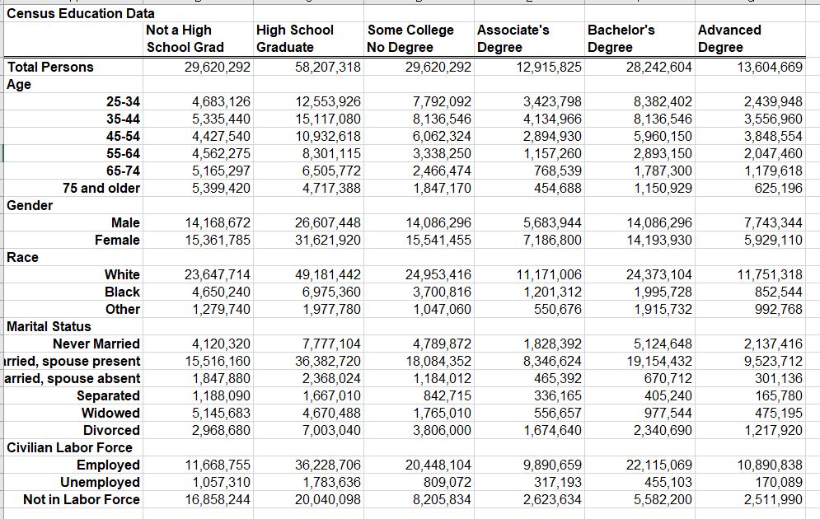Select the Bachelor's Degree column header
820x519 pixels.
click(x=621, y=39)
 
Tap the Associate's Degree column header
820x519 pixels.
click(x=513, y=39)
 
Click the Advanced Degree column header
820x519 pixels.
click(x=729, y=39)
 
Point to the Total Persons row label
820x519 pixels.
click(x=51, y=67)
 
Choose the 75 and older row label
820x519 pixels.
click(x=101, y=188)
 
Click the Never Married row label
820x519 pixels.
click(x=96, y=344)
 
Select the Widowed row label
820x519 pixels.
click(x=111, y=413)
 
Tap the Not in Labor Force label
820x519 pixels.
click(x=82, y=499)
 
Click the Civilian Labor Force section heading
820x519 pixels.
click(x=69, y=447)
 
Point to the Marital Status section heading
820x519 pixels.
click(x=49, y=326)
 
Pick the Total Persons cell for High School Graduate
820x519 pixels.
click(x=327, y=67)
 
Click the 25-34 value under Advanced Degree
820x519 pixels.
click(x=772, y=102)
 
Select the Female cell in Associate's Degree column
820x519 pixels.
click(x=552, y=240)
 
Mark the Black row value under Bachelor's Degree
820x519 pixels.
click(x=663, y=292)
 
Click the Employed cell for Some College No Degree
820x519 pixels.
click(x=441, y=465)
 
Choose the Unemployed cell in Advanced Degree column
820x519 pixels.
click(x=778, y=482)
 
